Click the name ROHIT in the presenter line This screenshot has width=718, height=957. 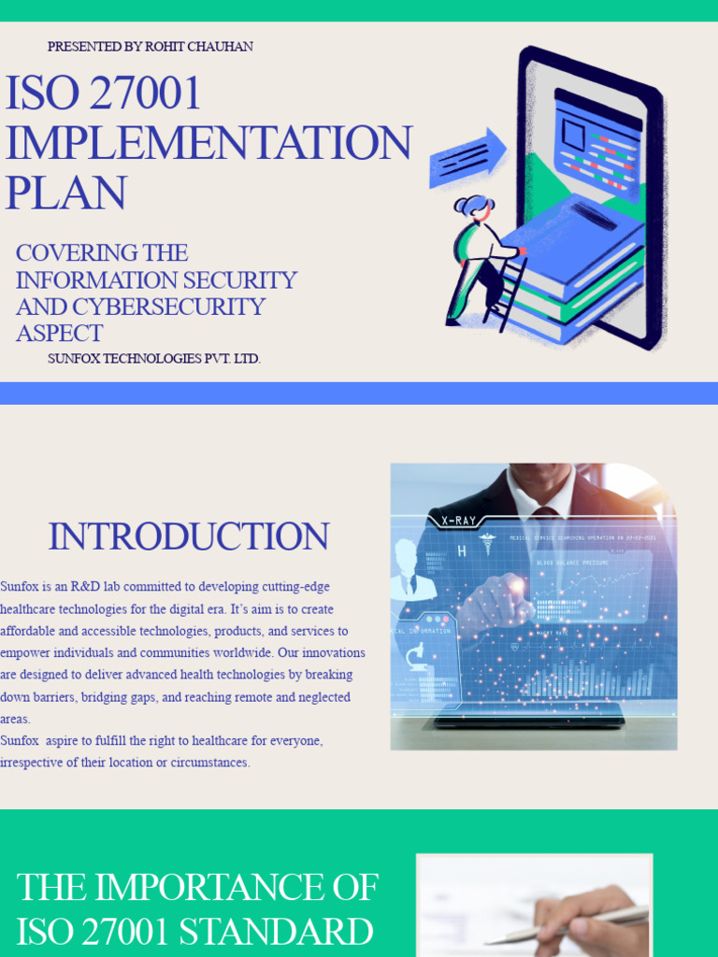pos(168,47)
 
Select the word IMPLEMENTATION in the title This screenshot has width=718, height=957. pos(208,143)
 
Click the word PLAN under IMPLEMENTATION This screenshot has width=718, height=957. pos(65,193)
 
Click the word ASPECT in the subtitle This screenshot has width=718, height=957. pos(59,333)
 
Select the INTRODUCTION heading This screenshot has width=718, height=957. pos(188,537)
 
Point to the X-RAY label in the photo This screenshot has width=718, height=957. pos(458,521)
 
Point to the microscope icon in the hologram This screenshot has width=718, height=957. pos(417,657)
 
